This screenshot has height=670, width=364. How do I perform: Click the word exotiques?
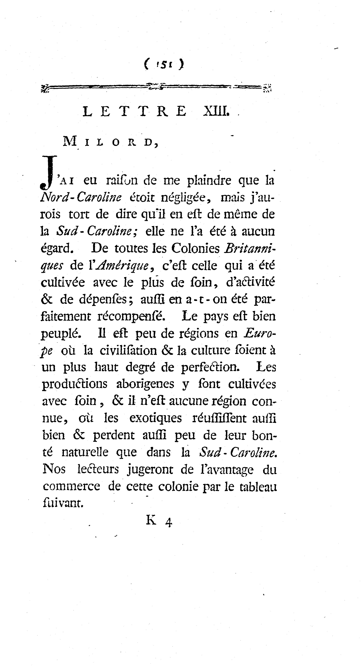tap(156, 418)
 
